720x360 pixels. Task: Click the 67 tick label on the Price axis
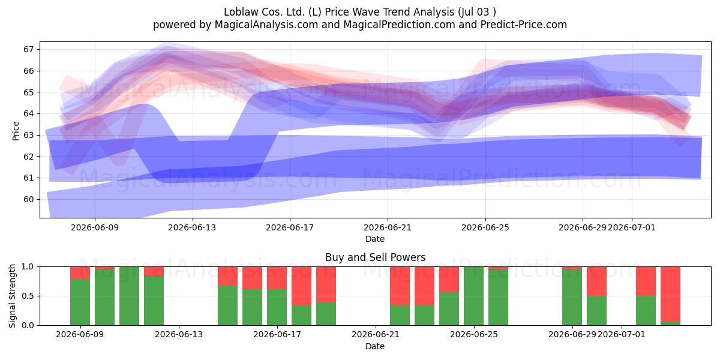[28, 49]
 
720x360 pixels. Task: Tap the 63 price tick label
[28, 135]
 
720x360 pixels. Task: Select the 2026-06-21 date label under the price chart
[388, 227]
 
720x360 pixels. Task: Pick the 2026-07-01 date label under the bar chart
[622, 334]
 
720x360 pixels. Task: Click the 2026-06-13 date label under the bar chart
[179, 334]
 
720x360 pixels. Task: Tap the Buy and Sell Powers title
[375, 257]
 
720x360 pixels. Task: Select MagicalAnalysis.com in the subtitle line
[266, 25]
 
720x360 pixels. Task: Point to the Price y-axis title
[16, 131]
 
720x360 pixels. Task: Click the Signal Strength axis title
[12, 296]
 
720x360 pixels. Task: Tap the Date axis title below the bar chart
[375, 346]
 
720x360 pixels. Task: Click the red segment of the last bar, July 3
[670, 294]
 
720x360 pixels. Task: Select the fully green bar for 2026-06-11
[129, 296]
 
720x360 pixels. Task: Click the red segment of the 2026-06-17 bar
[277, 278]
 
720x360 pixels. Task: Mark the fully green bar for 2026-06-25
[473, 296]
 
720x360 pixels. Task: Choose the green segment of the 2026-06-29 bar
[572, 298]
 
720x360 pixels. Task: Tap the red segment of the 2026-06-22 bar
[400, 286]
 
